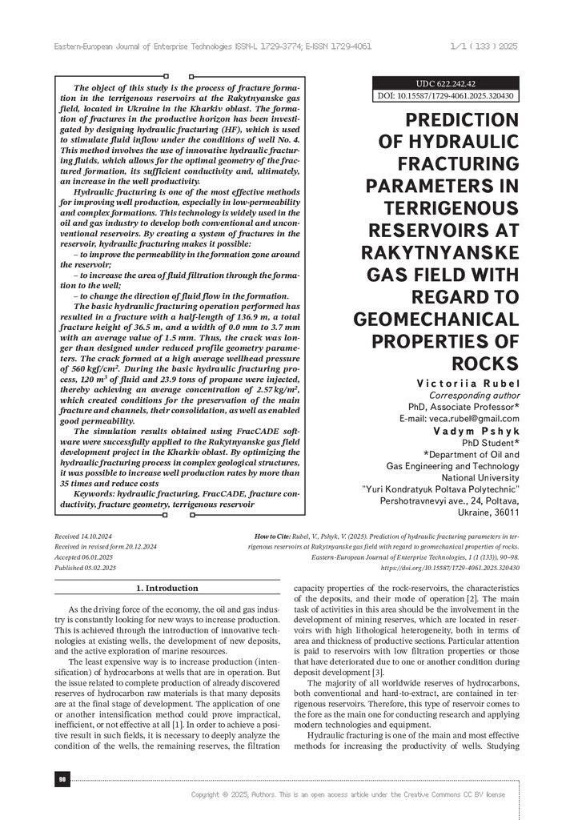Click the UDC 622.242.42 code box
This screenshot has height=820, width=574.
point(446,83)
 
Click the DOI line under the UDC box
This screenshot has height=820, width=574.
point(446,96)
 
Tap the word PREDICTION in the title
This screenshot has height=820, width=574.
point(462,121)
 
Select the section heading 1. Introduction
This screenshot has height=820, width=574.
point(167,588)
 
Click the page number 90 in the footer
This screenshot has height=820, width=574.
point(61,779)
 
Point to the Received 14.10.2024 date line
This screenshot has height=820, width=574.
point(83,533)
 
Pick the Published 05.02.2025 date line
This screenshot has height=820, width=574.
point(85,567)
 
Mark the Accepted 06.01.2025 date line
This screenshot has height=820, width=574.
point(83,556)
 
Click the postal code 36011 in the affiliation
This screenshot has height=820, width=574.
point(504,512)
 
